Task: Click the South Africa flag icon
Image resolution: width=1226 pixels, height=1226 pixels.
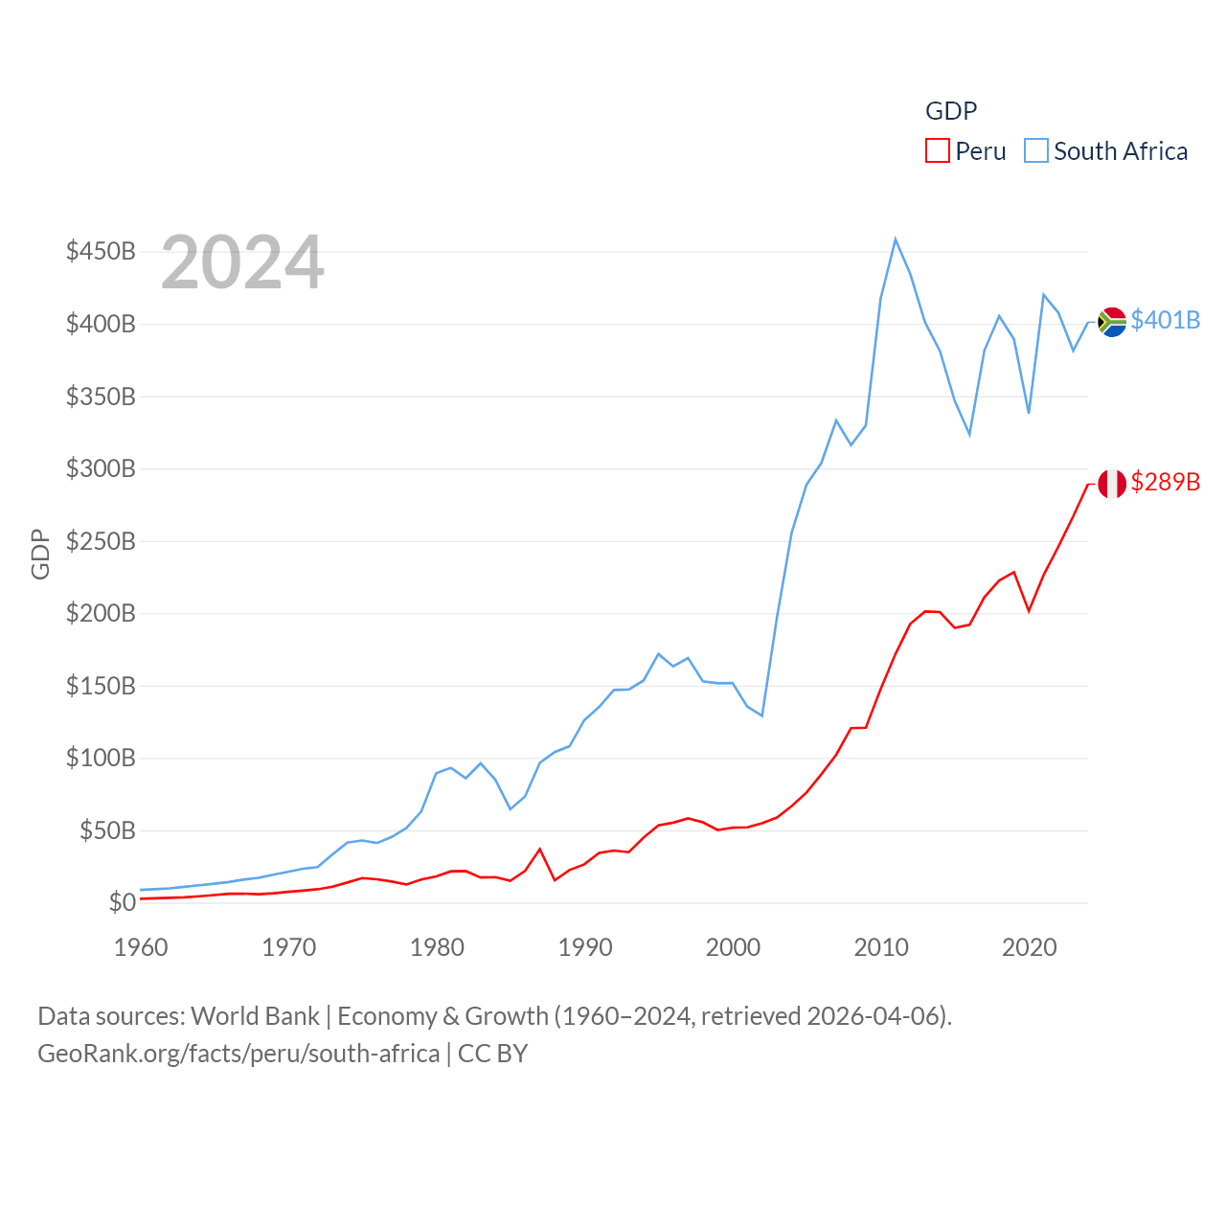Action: point(1111,322)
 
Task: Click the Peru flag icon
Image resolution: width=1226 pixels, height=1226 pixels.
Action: point(1111,484)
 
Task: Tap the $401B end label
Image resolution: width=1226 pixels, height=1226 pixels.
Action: point(1165,320)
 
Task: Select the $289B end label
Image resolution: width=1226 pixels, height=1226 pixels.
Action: point(1165,481)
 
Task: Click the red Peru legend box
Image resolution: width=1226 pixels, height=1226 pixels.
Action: point(937,151)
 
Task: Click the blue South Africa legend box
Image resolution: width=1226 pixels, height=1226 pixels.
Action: point(1036,151)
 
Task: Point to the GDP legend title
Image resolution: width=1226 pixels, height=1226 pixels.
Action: point(951,111)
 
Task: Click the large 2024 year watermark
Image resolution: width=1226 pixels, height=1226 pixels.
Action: point(242,262)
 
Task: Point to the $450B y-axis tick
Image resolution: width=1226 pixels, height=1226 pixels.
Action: point(101,251)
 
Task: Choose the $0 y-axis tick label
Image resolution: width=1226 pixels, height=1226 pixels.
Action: point(123,902)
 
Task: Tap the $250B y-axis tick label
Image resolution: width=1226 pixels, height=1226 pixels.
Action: point(101,541)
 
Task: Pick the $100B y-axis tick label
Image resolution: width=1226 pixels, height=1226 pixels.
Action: point(101,758)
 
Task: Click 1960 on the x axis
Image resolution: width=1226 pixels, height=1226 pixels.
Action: point(141,947)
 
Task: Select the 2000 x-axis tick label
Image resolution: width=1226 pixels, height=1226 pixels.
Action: point(733,947)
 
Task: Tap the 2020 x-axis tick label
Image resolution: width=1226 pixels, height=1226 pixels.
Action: point(1029,947)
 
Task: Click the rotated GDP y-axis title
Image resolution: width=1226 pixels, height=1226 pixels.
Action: point(40,554)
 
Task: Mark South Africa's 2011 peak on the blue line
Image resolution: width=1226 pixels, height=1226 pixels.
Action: point(896,239)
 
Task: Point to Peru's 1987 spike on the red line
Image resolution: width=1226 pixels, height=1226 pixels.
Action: point(540,850)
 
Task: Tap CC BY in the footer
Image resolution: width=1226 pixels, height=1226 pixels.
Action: point(492,1054)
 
